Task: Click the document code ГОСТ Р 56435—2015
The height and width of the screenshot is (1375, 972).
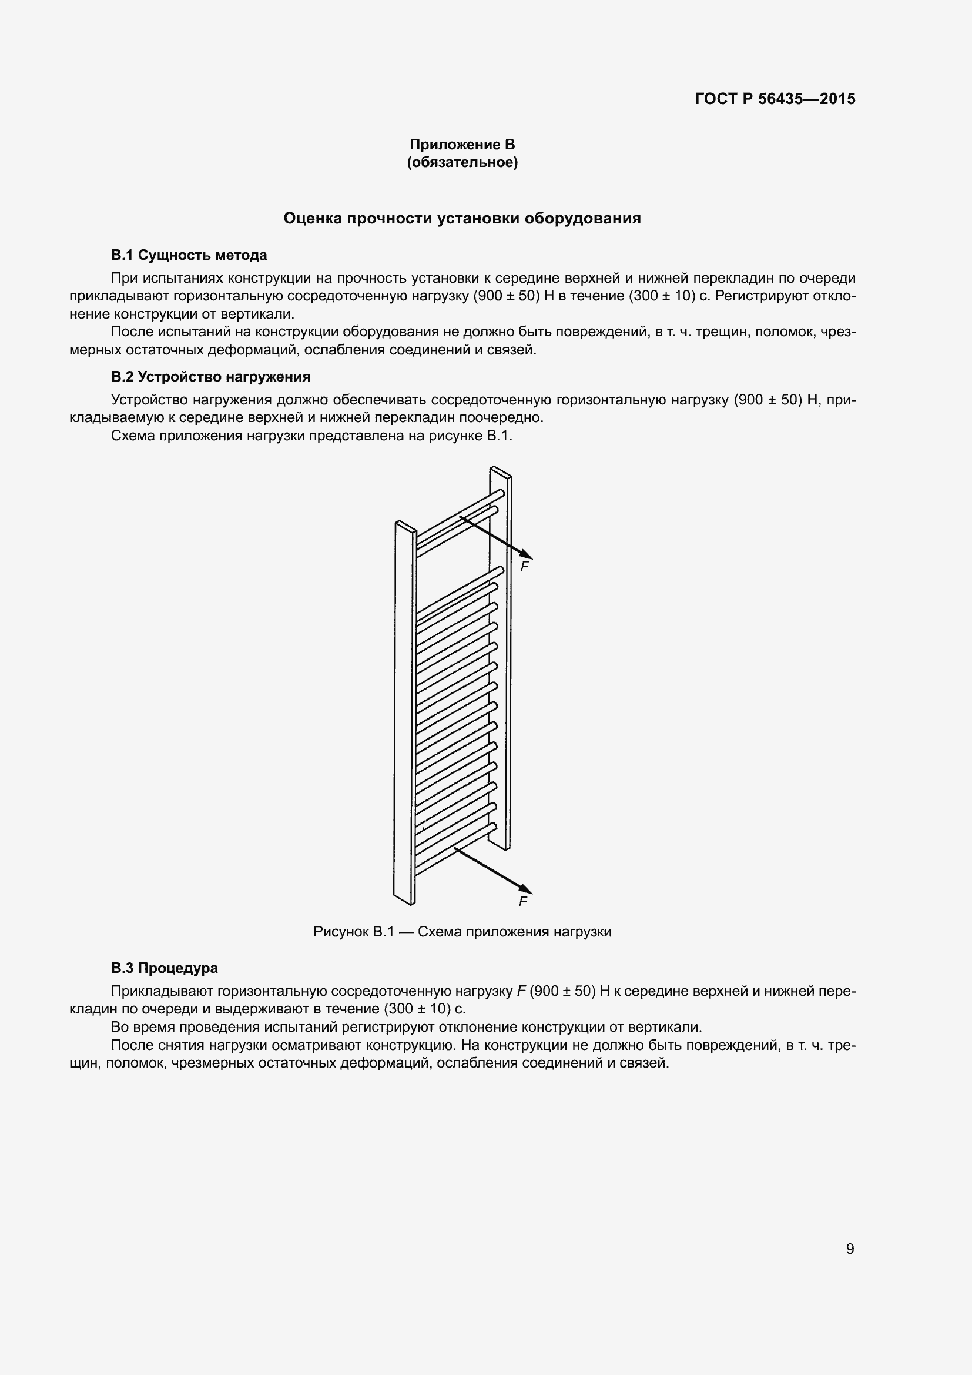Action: point(775,99)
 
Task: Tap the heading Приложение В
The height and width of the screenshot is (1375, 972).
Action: point(462,145)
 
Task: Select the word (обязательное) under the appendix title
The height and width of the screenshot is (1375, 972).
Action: point(462,162)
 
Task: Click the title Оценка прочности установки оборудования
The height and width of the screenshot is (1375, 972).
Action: point(462,219)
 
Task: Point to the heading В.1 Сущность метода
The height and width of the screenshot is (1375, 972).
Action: point(189,255)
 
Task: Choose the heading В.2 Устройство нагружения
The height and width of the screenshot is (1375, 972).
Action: point(211,377)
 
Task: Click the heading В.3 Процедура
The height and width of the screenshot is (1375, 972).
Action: point(165,968)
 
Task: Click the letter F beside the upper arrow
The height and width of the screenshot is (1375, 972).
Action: point(525,566)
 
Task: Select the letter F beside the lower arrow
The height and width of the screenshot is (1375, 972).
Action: point(523,902)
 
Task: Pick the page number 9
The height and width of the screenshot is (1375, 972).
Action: point(850,1249)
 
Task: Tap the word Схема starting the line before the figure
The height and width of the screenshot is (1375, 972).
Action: point(133,436)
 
